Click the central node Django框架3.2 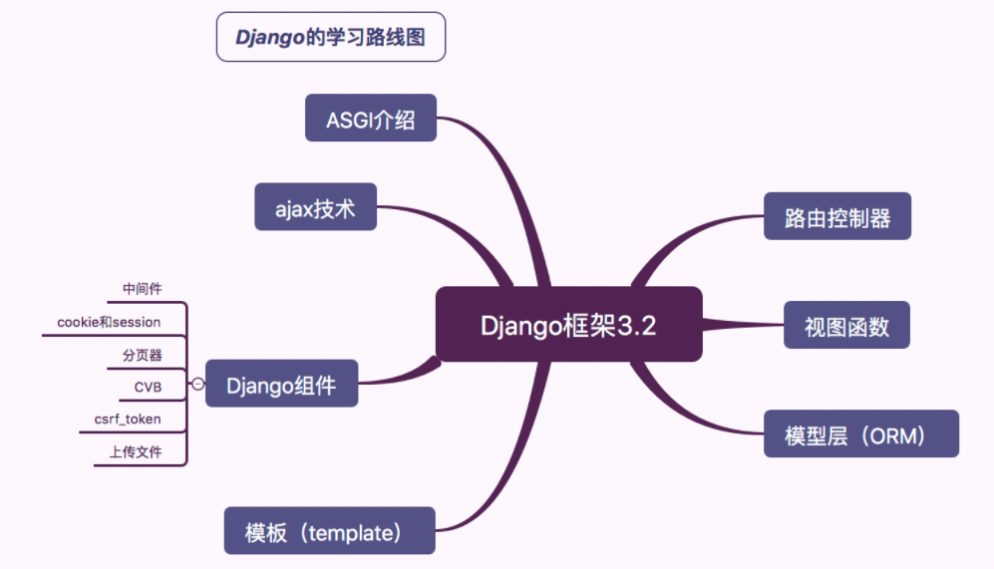coord(568,325)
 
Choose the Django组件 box coord(281,384)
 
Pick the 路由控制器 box coord(836,216)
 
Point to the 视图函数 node coord(845,325)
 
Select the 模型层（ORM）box coord(860,433)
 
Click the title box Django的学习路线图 coord(330,38)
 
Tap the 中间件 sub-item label coord(142,289)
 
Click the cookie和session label coord(109,322)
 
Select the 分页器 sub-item coord(142,355)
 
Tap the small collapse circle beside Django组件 coord(197,384)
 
